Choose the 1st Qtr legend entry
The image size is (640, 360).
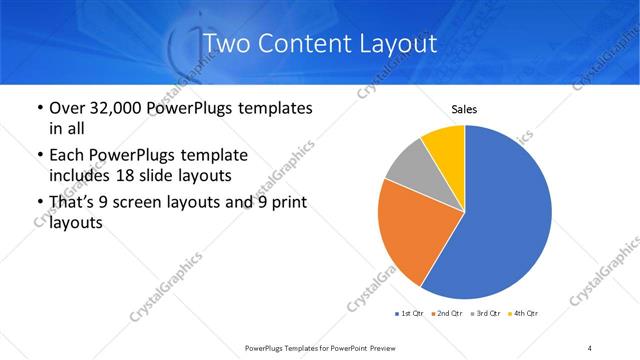click(x=411, y=314)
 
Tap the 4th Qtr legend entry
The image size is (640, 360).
click(x=525, y=314)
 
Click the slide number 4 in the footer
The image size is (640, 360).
click(x=590, y=347)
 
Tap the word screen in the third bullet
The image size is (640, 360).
click(x=141, y=203)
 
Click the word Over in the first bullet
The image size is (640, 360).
click(x=66, y=107)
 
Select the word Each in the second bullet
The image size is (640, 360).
click(x=66, y=155)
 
